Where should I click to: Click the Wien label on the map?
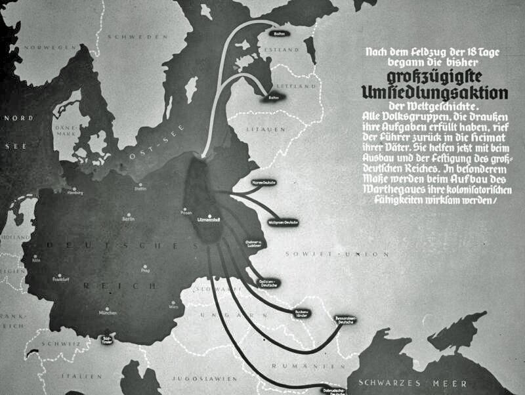coord(173,306)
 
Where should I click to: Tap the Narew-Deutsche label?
coord(264,180)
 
